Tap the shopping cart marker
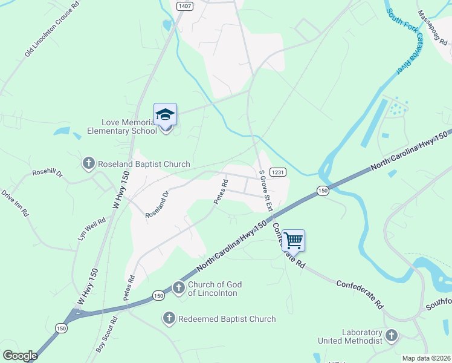[293, 241]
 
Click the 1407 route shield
[185, 5]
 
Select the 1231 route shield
[277, 172]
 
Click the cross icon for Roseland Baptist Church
[88, 163]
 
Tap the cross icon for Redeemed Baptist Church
[169, 318]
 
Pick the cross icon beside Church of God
[179, 288]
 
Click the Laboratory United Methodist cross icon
[392, 336]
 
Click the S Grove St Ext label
[265, 190]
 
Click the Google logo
[21, 356]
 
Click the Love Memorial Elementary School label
[121, 126]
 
